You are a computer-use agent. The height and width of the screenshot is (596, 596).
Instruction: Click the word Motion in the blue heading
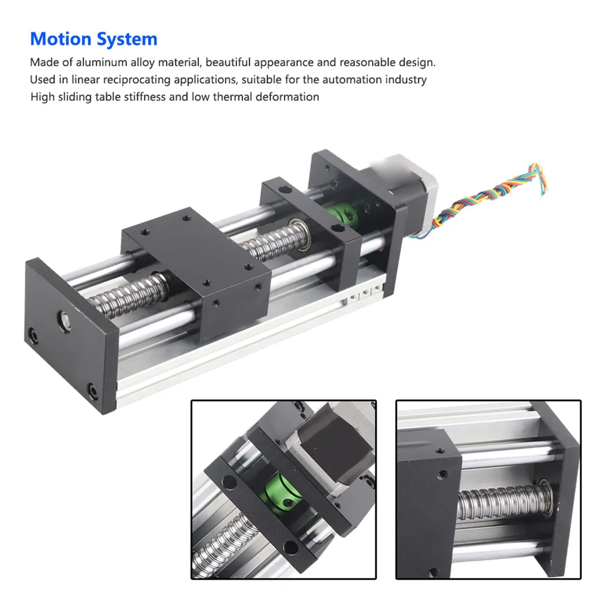61,39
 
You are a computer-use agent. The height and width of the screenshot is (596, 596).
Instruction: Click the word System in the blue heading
126,39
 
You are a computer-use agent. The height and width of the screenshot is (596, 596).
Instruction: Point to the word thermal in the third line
233,97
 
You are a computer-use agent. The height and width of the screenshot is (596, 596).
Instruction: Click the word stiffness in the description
145,97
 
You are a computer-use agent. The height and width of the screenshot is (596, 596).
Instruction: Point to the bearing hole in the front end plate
65,320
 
